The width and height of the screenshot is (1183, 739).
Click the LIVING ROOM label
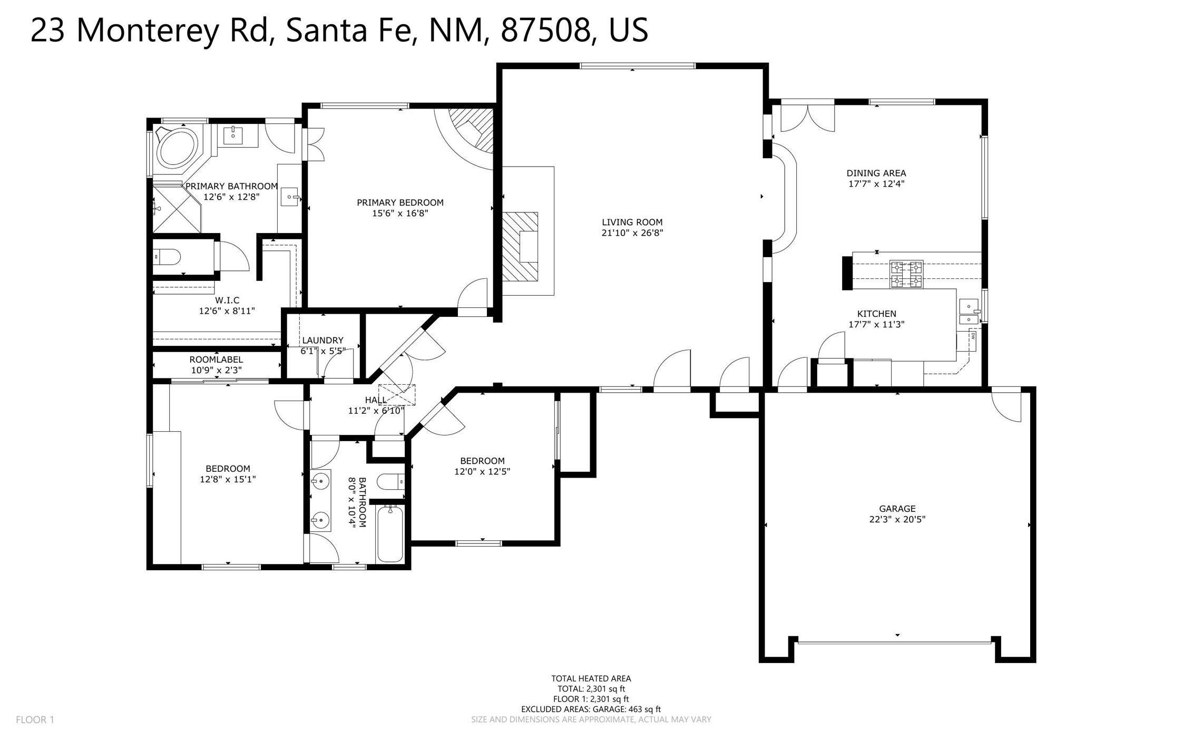coord(632,222)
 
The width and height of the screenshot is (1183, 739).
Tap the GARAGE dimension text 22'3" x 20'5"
coord(897,519)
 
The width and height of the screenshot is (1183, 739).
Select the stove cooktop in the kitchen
coord(906,274)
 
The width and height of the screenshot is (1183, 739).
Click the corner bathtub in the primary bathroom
coord(178,147)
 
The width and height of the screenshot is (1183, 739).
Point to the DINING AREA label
coord(876,173)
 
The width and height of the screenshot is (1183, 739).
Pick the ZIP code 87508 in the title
coord(545,30)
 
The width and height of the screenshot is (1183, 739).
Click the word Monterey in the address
coord(148,31)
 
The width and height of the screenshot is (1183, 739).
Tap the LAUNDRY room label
coord(322,341)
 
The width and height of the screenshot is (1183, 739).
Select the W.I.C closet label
coord(227,300)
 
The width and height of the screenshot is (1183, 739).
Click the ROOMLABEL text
coord(216,359)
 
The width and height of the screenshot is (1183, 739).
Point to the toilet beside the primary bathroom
coord(167,257)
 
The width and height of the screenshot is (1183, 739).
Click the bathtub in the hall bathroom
coord(390,533)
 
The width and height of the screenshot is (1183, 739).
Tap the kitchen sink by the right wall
coord(969,312)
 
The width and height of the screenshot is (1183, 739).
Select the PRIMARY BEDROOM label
coord(400,202)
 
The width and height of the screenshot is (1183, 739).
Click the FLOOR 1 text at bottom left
coord(35,719)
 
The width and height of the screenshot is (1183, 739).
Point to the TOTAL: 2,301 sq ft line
coord(591,689)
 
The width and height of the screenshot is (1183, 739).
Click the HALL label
coord(376,400)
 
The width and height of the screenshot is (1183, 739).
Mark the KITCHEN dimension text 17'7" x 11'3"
coord(876,325)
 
